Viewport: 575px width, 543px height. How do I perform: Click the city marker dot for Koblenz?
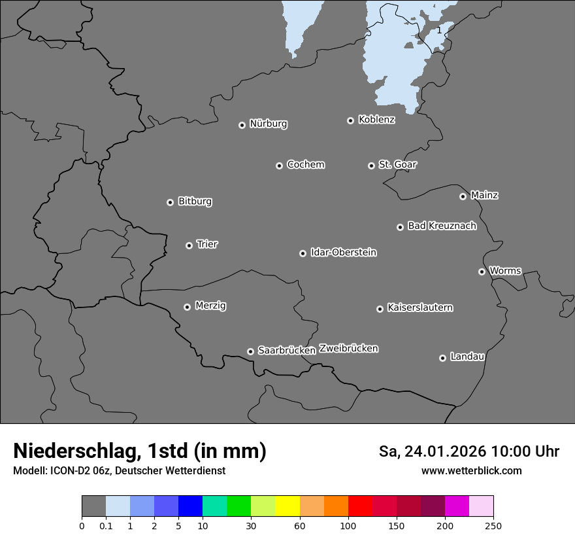tap(350, 120)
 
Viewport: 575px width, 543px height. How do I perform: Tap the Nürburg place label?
tap(268, 124)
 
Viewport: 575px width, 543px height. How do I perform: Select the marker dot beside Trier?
tap(189, 245)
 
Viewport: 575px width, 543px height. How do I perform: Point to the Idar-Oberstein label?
tap(343, 253)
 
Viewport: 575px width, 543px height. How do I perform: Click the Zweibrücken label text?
tap(348, 349)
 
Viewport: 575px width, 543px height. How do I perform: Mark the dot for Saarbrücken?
tap(250, 351)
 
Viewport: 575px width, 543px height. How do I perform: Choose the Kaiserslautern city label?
tap(419, 307)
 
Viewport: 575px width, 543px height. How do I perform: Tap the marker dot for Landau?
tap(442, 358)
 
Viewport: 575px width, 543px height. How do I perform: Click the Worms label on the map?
tap(504, 271)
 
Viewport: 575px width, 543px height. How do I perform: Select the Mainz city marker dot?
tap(463, 196)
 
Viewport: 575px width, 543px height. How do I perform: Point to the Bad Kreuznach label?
tap(442, 226)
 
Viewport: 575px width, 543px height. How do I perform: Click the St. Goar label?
tap(397, 165)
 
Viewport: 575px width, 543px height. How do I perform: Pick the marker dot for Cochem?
tap(279, 166)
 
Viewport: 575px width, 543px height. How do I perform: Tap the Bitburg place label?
tap(195, 201)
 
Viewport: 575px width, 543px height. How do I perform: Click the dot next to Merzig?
tap(187, 307)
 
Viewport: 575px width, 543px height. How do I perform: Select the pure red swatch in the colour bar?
tap(360, 506)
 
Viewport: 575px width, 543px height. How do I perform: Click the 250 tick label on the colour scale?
tap(493, 526)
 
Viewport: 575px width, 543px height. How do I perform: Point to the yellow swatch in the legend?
tap(287, 506)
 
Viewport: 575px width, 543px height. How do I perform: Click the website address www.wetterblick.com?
tap(471, 471)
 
